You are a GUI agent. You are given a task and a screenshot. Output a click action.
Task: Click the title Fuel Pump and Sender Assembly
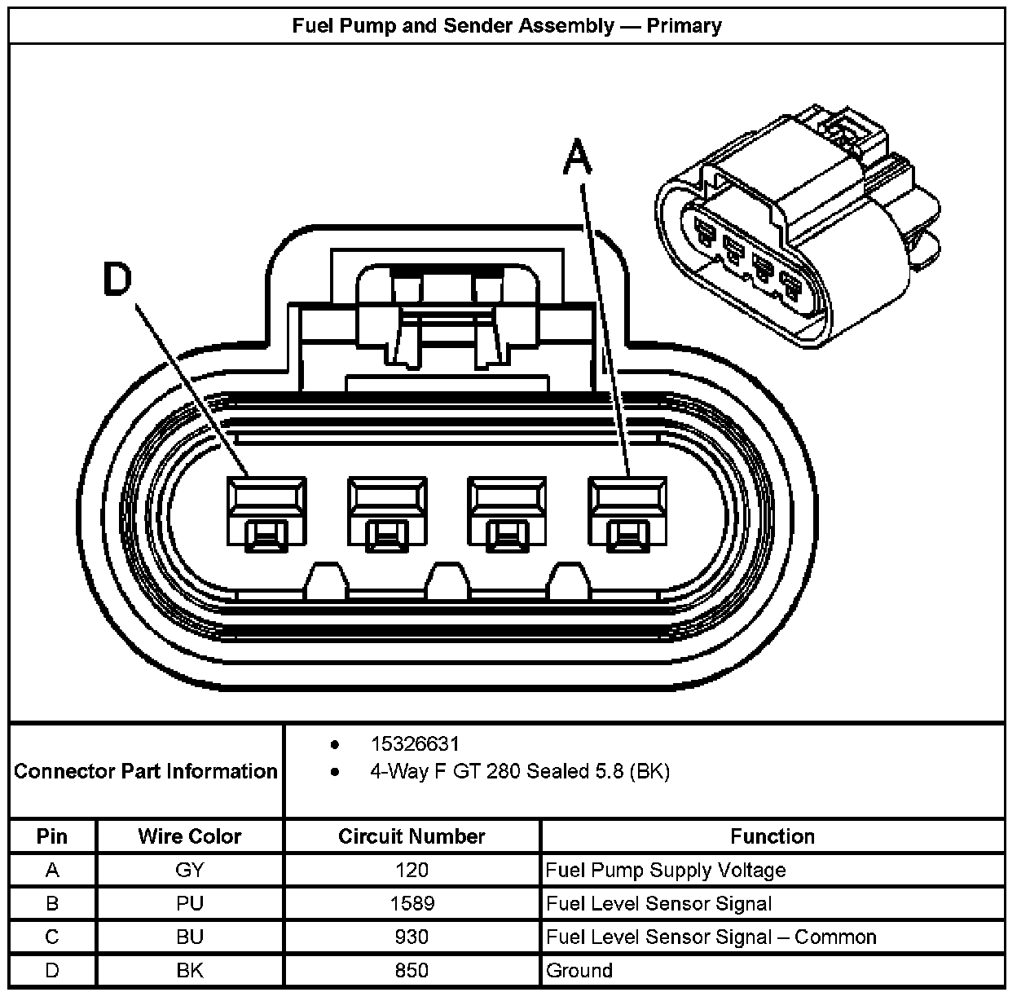point(506,25)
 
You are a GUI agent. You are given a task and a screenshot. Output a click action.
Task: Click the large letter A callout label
point(577,157)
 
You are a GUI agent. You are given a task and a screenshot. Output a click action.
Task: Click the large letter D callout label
point(117,279)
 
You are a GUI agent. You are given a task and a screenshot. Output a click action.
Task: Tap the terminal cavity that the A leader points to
point(627,511)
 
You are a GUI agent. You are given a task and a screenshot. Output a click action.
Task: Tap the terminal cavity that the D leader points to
point(266,511)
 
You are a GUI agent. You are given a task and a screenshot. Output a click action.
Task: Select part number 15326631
point(415,743)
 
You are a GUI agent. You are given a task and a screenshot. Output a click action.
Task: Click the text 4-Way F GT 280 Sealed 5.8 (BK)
point(519,771)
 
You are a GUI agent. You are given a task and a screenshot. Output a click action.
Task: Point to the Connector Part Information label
point(146,771)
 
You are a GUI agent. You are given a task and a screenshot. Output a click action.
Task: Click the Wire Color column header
point(189,836)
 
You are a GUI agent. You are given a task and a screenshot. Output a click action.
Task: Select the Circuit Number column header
point(412,836)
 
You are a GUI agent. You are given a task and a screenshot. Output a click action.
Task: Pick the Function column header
point(772,836)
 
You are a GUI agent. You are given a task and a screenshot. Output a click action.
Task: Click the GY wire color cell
point(189,870)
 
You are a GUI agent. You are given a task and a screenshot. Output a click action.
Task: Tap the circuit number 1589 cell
point(412,903)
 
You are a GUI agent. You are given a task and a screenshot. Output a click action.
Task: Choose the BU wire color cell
point(189,937)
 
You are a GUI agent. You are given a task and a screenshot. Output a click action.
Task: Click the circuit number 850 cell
point(412,970)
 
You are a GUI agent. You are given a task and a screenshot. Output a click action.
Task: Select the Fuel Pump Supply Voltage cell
point(666,870)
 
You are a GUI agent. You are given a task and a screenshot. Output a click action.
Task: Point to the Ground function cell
point(579,970)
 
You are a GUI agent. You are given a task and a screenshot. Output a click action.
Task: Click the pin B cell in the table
point(52,903)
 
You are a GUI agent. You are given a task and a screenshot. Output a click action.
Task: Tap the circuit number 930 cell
point(412,937)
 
